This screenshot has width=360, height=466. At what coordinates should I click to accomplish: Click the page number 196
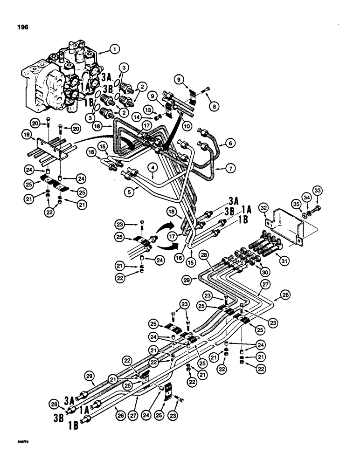coord(21,27)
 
